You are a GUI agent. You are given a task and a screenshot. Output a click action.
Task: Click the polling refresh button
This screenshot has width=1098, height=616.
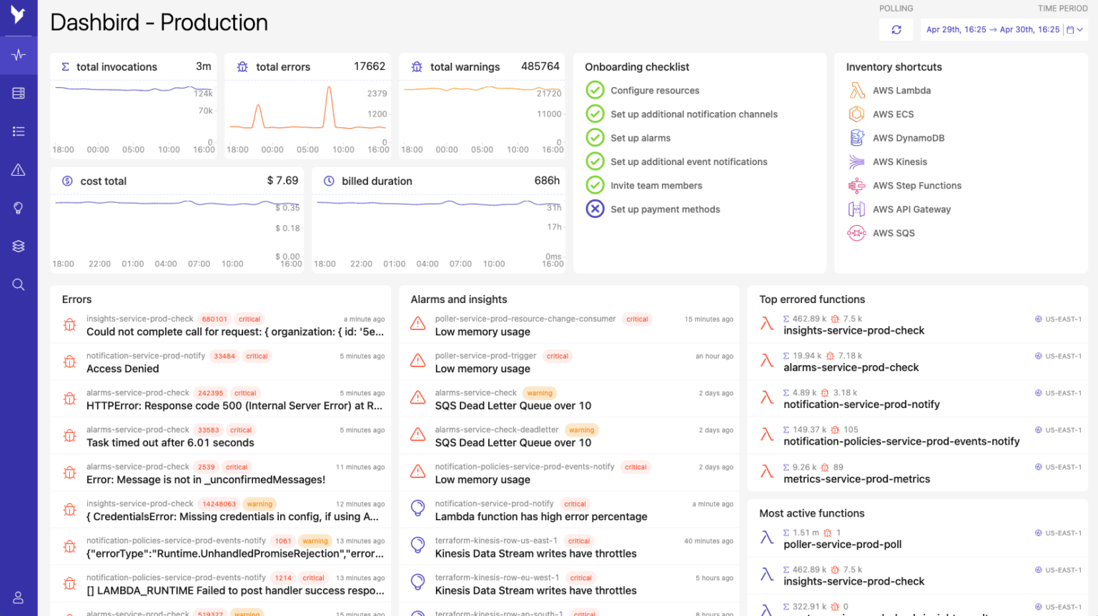(896, 30)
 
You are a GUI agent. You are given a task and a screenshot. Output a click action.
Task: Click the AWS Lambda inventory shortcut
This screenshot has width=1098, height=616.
(901, 91)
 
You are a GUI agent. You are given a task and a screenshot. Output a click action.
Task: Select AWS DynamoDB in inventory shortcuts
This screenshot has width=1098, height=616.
(908, 138)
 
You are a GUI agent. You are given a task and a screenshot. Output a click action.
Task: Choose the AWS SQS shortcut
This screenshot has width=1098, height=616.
(894, 233)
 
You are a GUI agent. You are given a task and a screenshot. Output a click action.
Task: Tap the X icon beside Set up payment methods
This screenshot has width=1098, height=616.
(595, 209)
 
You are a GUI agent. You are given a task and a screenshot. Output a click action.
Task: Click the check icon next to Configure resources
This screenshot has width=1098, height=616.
(595, 90)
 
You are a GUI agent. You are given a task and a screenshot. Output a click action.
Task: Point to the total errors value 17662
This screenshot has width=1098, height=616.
(370, 66)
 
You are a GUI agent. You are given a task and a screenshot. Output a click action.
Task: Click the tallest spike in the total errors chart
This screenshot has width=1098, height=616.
(329, 89)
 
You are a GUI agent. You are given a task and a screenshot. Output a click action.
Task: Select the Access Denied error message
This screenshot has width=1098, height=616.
(123, 369)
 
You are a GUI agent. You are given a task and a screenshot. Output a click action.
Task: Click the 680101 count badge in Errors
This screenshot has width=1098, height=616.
(214, 319)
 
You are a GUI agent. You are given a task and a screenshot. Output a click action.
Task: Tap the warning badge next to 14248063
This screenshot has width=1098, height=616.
(259, 504)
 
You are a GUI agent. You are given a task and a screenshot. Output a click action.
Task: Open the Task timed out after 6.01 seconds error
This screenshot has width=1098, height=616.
(170, 443)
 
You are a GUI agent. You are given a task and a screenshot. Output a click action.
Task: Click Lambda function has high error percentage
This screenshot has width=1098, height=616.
(541, 517)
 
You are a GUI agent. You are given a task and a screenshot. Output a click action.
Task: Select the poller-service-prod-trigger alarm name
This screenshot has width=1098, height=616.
(485, 356)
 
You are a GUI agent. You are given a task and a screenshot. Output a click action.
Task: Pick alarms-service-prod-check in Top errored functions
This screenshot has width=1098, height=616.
(851, 368)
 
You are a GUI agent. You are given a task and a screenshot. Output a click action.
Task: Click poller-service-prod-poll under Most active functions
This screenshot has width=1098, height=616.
(842, 545)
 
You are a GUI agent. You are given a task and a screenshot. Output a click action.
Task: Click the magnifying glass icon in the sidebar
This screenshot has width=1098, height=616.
(19, 284)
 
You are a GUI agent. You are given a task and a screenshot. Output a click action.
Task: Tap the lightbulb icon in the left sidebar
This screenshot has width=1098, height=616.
(19, 208)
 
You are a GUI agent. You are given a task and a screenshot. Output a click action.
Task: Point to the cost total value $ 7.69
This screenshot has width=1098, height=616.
(282, 181)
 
